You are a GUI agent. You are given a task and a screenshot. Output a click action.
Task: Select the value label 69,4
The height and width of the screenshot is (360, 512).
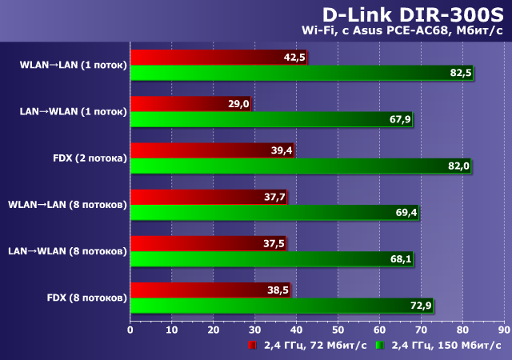click(406, 212)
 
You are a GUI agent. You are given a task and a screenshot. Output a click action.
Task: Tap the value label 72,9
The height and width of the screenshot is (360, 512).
click(421, 305)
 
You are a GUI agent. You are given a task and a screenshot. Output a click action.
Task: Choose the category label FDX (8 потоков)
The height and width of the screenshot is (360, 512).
click(86, 298)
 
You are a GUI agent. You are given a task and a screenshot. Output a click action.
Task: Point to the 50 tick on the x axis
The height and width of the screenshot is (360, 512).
click(338, 329)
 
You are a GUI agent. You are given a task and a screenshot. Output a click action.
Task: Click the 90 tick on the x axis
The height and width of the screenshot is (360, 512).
click(503, 329)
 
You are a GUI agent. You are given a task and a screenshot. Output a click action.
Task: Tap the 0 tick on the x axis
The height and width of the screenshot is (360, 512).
click(130, 329)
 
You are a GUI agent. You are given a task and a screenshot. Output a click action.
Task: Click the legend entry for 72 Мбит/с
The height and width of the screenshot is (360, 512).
click(307, 346)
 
